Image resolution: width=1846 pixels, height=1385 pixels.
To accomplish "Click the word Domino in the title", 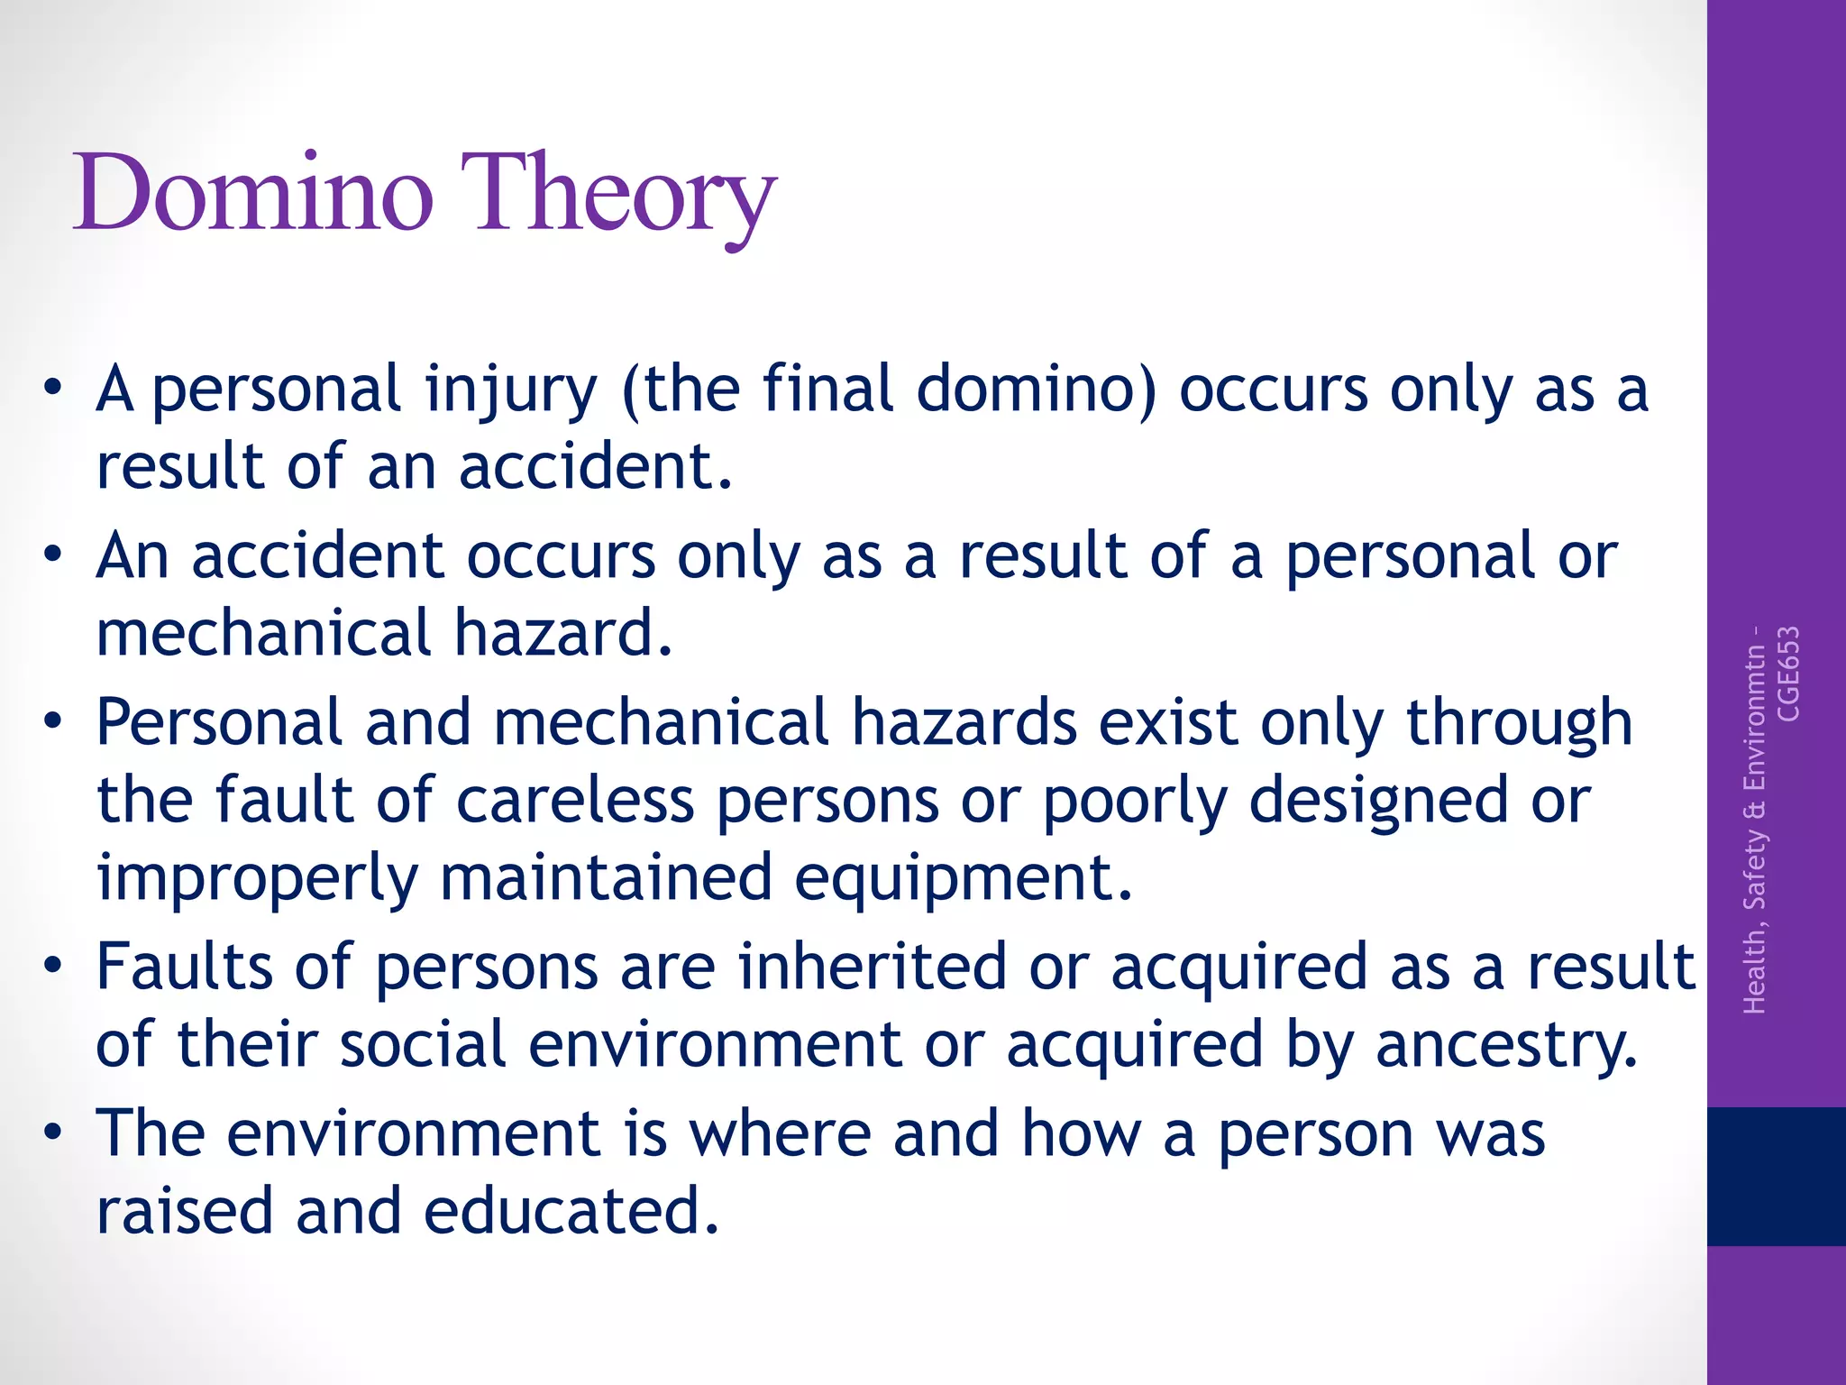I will tap(254, 193).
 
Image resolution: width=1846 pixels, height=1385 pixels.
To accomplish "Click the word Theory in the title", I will tap(622, 195).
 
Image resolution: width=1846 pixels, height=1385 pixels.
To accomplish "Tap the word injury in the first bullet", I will tap(511, 390).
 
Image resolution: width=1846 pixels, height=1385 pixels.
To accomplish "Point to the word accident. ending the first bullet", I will tap(596, 466).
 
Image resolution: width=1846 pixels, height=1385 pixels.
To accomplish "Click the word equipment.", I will tap(963, 877).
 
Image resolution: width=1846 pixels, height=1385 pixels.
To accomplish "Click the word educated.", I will tap(571, 1210).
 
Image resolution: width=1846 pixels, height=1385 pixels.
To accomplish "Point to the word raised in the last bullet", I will tap(185, 1210).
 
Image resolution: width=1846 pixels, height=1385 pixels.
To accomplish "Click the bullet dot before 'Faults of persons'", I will tap(53, 966).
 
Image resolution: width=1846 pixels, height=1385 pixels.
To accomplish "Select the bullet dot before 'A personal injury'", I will tap(53, 389).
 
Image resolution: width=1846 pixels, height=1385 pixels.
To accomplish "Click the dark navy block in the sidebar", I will tap(1776, 1176).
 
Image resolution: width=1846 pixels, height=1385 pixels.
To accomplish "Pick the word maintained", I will tap(606, 877).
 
